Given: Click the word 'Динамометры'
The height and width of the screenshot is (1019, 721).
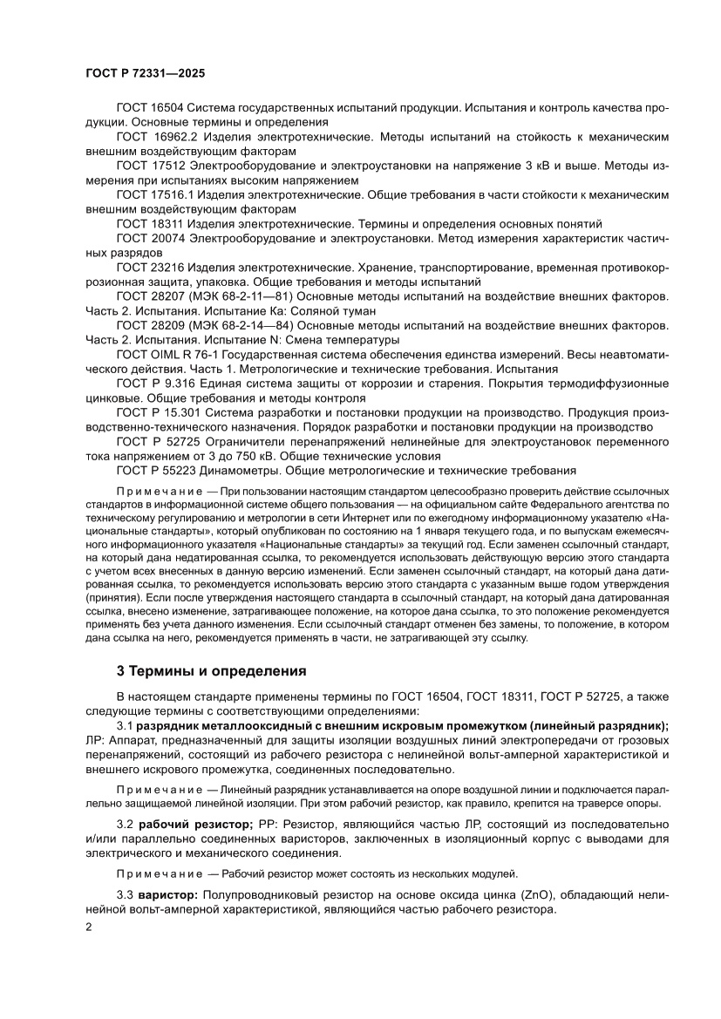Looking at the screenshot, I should [x=238, y=470].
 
